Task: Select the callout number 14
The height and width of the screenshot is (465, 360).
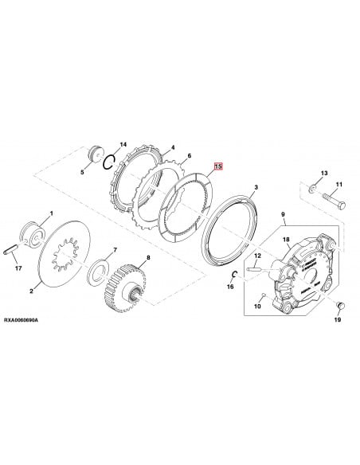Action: (x=122, y=143)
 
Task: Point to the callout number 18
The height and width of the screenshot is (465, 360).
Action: (x=286, y=227)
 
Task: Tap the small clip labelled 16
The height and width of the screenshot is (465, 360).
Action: (x=233, y=275)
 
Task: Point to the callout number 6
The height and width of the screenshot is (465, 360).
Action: (x=189, y=157)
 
